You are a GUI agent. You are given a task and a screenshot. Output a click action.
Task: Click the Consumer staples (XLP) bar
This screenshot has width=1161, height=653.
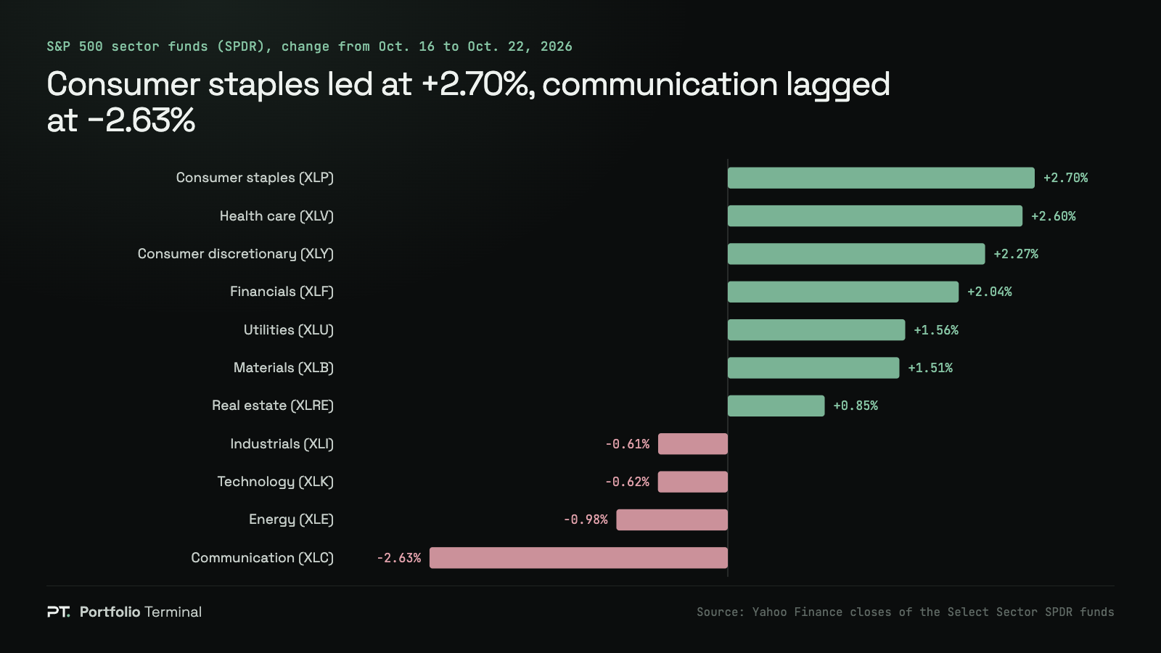click(881, 178)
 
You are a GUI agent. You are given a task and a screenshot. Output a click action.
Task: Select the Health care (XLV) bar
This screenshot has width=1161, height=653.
click(875, 216)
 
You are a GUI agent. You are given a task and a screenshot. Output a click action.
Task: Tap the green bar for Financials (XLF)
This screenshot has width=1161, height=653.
click(842, 292)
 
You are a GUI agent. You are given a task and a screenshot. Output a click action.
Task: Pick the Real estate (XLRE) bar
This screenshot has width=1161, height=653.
click(776, 406)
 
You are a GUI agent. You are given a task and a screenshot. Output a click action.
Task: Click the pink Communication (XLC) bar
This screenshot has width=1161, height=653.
click(578, 558)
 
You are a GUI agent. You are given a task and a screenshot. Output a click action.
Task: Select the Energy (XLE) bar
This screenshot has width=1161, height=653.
click(672, 519)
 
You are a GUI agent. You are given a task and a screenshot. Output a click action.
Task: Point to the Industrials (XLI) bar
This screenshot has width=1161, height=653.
click(692, 443)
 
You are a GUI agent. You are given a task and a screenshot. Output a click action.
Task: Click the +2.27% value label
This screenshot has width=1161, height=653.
click(1016, 254)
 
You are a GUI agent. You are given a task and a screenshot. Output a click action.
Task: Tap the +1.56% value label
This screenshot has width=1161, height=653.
click(936, 330)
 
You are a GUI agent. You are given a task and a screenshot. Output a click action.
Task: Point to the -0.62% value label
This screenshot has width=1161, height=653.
click(627, 482)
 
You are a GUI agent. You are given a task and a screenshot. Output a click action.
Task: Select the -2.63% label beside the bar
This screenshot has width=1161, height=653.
click(398, 558)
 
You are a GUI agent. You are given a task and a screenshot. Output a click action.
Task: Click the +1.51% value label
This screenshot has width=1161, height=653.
click(930, 368)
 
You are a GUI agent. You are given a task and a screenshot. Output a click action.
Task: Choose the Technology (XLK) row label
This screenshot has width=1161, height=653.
click(275, 482)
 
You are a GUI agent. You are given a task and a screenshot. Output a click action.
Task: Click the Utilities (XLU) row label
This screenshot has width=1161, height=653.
click(289, 330)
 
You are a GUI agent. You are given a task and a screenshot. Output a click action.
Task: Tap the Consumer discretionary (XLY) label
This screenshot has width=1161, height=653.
click(235, 254)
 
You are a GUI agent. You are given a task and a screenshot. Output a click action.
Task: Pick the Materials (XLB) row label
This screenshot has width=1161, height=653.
click(284, 368)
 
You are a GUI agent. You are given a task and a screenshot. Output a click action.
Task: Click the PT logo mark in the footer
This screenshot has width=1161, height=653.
click(58, 612)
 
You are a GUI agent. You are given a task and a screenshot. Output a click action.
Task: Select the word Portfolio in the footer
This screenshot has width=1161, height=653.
click(110, 612)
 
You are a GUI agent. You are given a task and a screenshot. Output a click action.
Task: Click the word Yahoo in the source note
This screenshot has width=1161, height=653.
click(769, 612)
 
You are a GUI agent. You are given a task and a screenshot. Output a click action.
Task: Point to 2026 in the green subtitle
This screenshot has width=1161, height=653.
click(556, 46)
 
